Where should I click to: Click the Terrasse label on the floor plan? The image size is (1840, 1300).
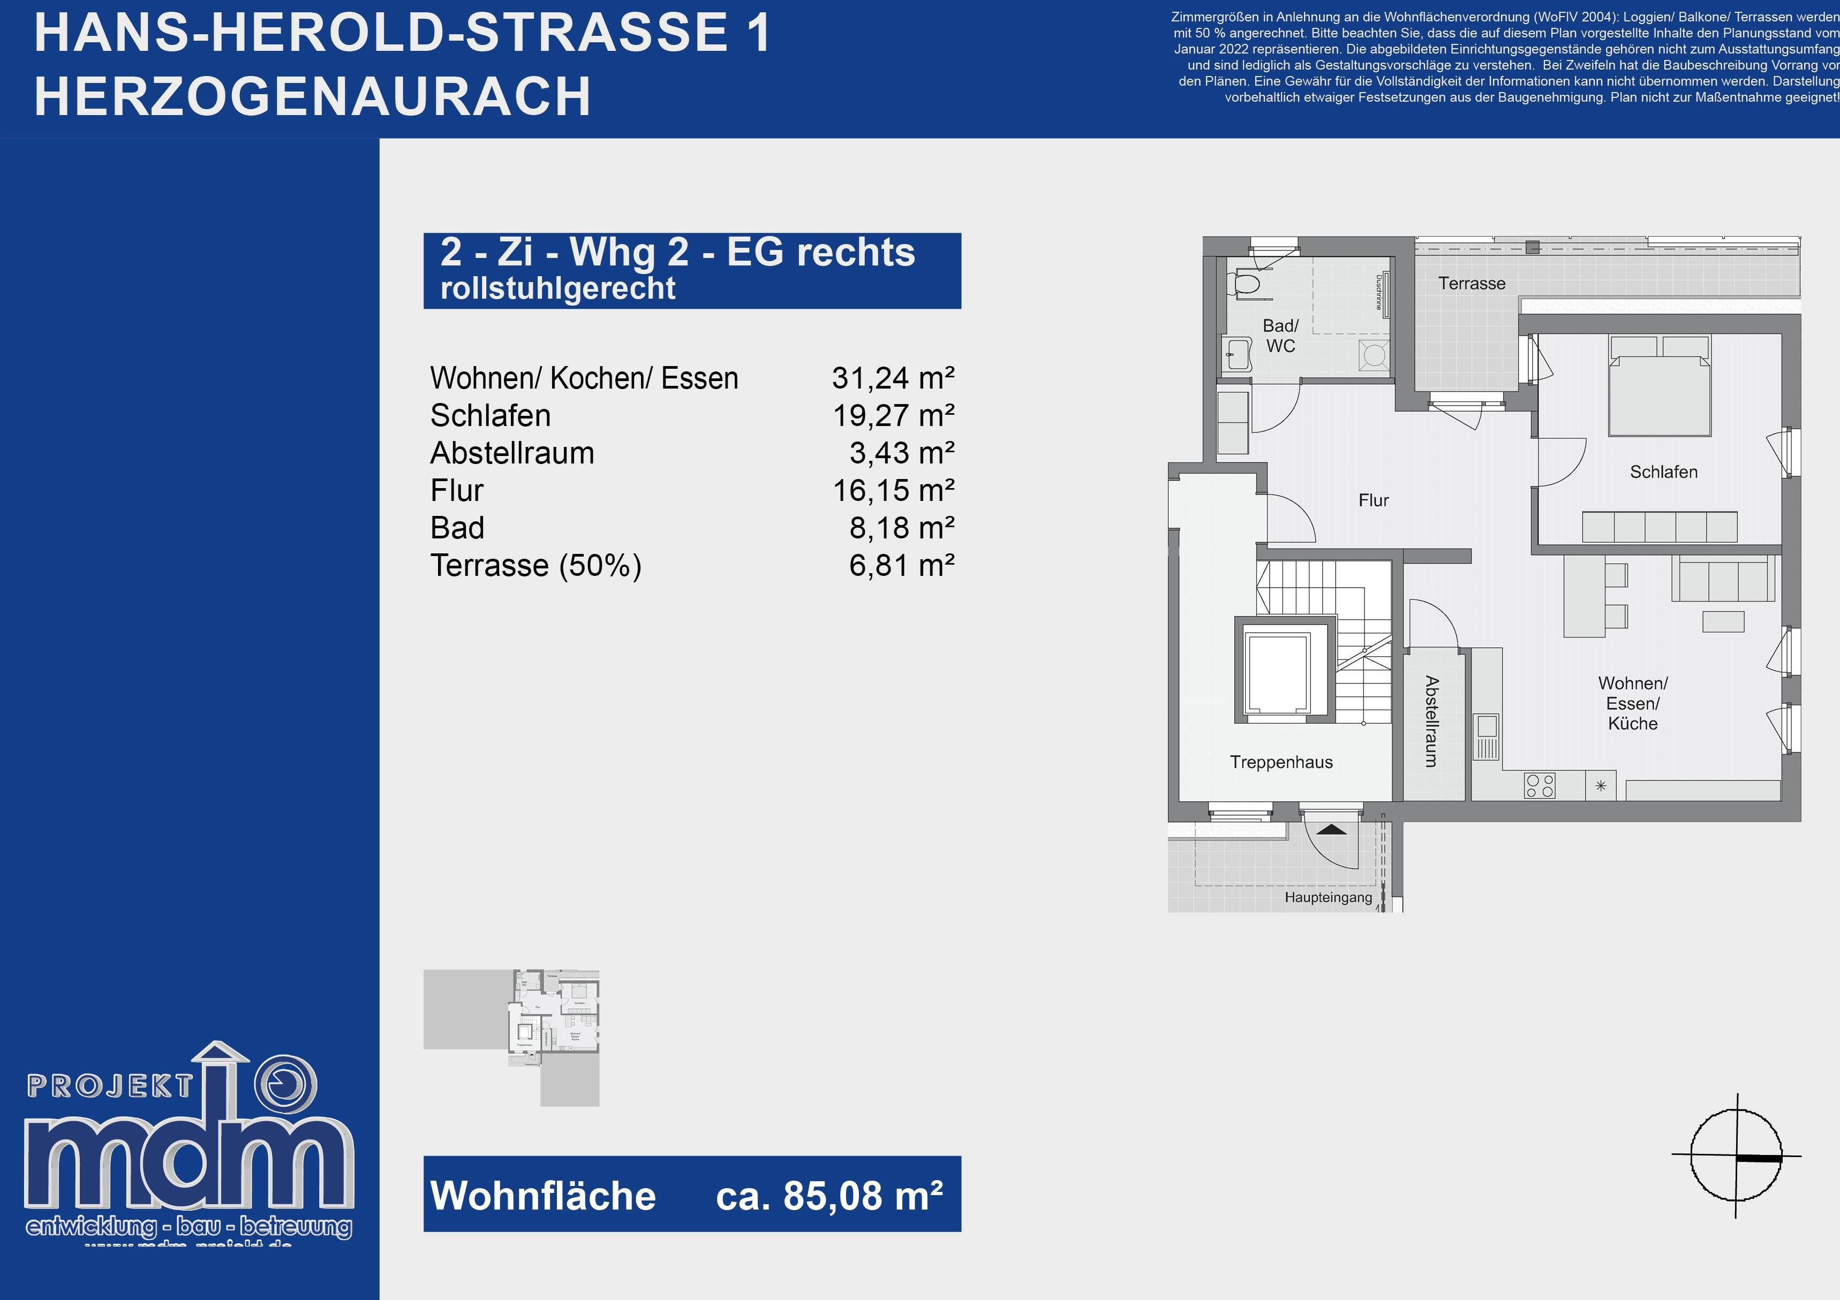pyautogui.click(x=1472, y=284)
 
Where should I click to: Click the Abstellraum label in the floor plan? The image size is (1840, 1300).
pyautogui.click(x=1431, y=721)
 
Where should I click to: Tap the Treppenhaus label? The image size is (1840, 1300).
pyautogui.click(x=1281, y=763)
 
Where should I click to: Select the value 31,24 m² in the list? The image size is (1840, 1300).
pyautogui.click(x=893, y=378)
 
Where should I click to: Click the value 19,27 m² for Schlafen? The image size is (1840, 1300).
pyautogui.click(x=893, y=416)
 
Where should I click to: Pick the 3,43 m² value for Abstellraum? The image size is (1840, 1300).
pyautogui.click(x=902, y=453)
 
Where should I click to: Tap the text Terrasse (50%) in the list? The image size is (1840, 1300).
pyautogui.click(x=536, y=566)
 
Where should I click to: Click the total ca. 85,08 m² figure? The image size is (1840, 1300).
pyautogui.click(x=828, y=1196)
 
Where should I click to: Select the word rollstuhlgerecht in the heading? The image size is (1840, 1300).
pyautogui.click(x=558, y=288)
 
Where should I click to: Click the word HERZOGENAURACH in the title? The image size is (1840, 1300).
pyautogui.click(x=313, y=97)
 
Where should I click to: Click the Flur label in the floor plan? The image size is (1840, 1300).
pyautogui.click(x=1373, y=500)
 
